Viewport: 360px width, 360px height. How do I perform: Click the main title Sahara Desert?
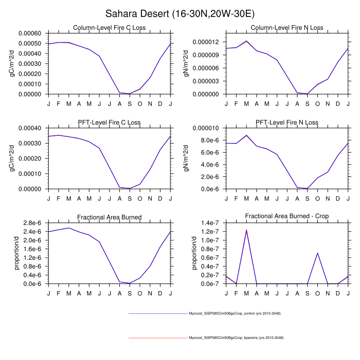(x=180, y=13)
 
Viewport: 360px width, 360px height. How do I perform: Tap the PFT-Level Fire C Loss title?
(x=109, y=122)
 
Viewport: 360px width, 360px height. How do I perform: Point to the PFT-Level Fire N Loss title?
(x=287, y=122)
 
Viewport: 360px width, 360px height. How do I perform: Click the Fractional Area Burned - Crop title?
(x=287, y=217)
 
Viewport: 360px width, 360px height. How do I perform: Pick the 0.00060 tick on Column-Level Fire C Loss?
(x=30, y=33)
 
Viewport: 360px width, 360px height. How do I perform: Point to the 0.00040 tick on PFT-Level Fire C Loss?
(x=30, y=128)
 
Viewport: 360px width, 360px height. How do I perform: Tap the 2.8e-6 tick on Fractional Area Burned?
(x=32, y=223)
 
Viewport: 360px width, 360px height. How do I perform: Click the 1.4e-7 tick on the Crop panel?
(x=210, y=223)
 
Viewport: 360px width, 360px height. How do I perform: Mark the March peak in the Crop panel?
(x=246, y=230)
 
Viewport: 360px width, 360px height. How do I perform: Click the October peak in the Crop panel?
(x=317, y=253)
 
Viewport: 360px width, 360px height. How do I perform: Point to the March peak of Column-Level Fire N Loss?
(x=246, y=41)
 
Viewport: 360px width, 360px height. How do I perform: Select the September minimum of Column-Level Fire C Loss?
(x=130, y=94)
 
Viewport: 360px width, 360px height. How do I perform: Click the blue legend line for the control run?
(x=157, y=313)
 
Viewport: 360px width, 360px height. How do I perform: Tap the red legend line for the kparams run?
(x=157, y=338)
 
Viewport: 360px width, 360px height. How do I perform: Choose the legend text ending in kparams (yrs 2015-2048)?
(x=236, y=338)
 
